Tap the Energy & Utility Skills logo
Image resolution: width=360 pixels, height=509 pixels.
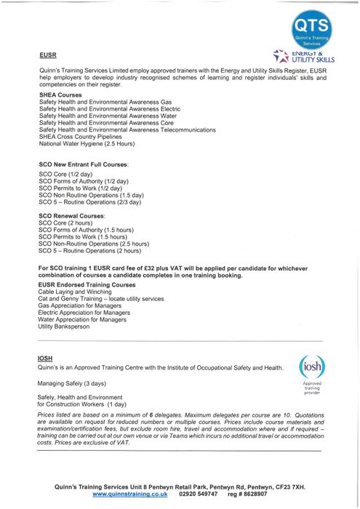coord(303,56)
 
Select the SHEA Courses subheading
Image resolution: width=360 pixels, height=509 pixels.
coord(60,95)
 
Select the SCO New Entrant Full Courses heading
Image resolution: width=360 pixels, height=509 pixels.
coord(83,166)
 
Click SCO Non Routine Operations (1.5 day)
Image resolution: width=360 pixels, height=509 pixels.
coord(91,195)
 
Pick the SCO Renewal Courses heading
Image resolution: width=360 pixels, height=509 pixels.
coord(72,216)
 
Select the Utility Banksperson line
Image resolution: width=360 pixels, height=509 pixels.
coord(64,326)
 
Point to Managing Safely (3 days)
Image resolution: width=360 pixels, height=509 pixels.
coord(72,383)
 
